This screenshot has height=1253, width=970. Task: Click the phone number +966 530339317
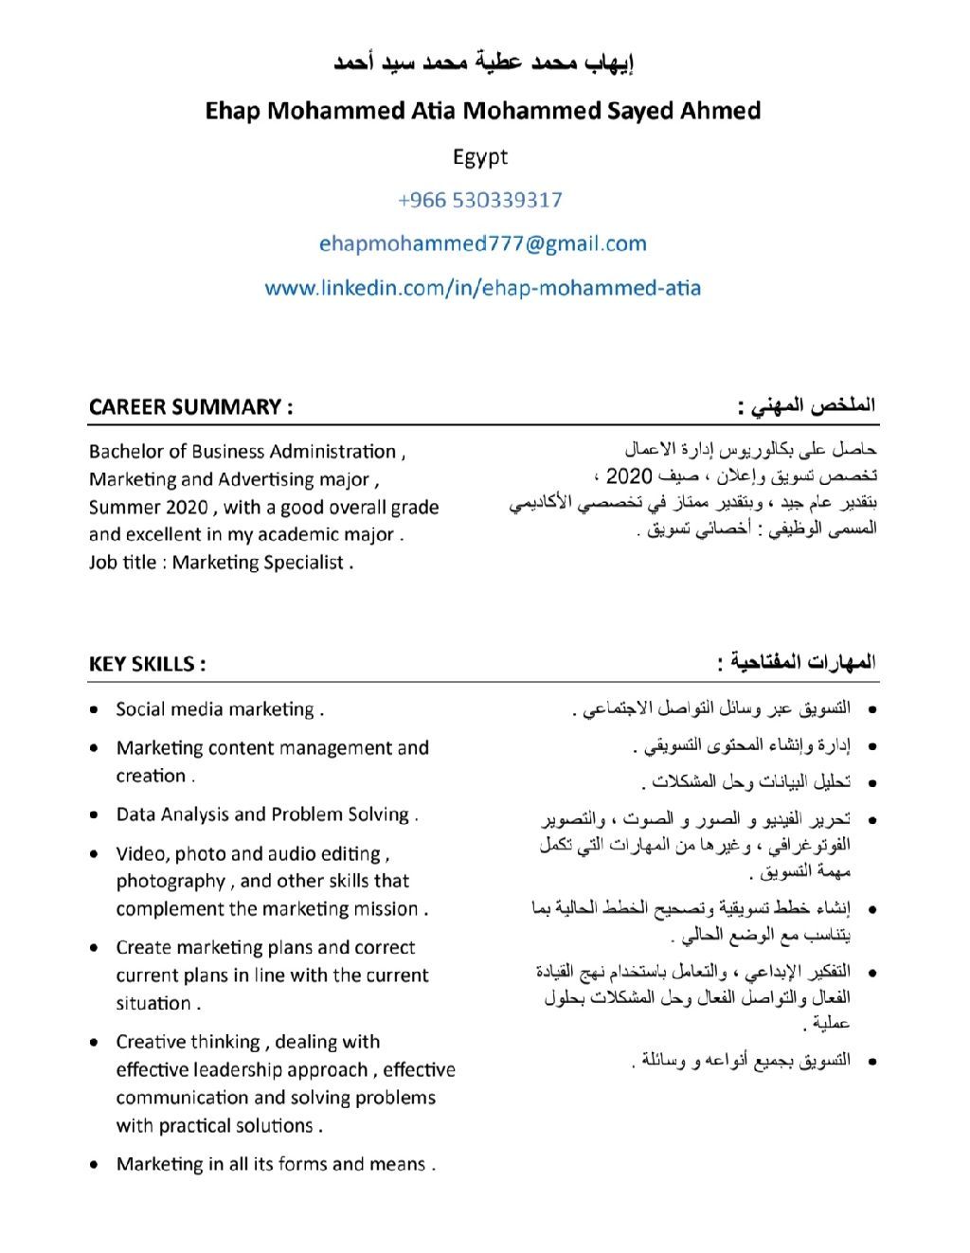[x=480, y=200]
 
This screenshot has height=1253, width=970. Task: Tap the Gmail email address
[x=483, y=243]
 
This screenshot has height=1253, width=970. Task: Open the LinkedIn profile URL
[x=483, y=288]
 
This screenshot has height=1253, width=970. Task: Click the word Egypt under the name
[x=480, y=157]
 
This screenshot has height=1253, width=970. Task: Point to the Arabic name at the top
[x=483, y=63]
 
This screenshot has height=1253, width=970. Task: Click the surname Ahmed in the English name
[x=720, y=112]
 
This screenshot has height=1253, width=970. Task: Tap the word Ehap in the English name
[x=233, y=112]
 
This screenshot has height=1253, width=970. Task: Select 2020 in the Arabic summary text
[x=629, y=475]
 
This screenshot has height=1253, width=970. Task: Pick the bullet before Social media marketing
[x=94, y=709]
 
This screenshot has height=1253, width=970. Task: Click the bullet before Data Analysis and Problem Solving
[x=94, y=814]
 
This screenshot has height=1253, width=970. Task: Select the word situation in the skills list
[x=153, y=1004]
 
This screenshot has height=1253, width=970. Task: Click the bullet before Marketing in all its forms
[x=94, y=1165]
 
